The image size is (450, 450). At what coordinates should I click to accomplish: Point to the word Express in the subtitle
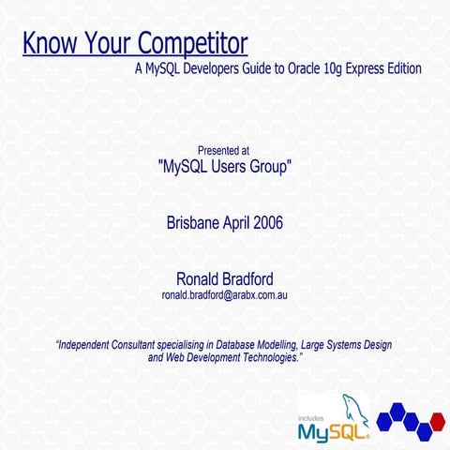click(x=365, y=68)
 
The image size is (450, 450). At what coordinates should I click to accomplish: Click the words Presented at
click(x=223, y=150)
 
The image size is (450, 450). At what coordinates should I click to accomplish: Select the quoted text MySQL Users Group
click(x=224, y=168)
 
